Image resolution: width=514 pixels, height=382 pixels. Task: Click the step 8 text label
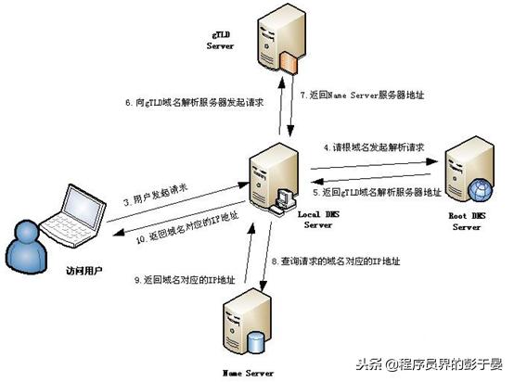[344, 261]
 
